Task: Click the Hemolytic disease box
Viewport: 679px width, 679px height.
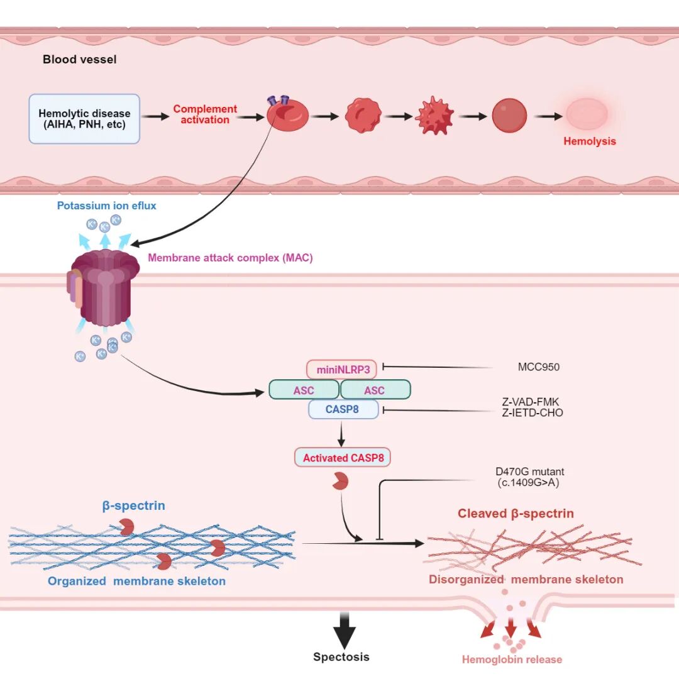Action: tap(84, 119)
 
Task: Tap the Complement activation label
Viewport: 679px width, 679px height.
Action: tap(205, 114)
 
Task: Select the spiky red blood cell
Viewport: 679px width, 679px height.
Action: tap(434, 116)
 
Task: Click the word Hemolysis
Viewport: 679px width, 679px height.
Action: tap(589, 141)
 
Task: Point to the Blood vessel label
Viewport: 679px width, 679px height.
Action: tap(80, 59)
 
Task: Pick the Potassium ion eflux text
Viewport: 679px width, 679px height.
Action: tap(106, 206)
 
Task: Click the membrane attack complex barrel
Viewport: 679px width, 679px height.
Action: tap(104, 287)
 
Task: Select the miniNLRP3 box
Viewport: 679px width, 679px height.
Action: tap(341, 370)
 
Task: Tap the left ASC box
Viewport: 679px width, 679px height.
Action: tap(304, 390)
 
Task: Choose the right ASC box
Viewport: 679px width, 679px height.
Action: tap(375, 390)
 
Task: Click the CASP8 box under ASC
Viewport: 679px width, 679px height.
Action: tap(343, 409)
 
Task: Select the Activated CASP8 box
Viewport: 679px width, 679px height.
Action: tap(343, 458)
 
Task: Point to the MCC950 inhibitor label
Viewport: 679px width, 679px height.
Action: tap(539, 367)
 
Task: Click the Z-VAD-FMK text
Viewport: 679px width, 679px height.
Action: tap(531, 402)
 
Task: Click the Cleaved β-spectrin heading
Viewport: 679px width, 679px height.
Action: tap(516, 514)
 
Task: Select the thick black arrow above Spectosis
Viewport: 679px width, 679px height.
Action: tap(345, 631)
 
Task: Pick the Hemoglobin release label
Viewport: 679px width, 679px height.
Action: tap(512, 660)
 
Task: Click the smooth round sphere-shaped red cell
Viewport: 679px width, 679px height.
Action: tap(509, 116)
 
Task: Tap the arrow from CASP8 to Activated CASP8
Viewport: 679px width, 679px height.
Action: tap(341, 433)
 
